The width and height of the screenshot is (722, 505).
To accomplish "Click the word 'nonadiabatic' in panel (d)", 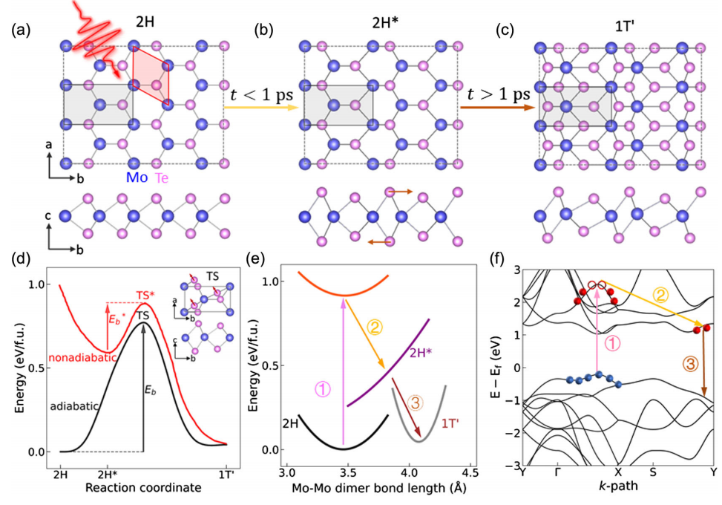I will [78, 358].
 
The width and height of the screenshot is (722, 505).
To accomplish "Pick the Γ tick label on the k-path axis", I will [557, 472].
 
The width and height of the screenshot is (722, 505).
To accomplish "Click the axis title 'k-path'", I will [618, 487].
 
